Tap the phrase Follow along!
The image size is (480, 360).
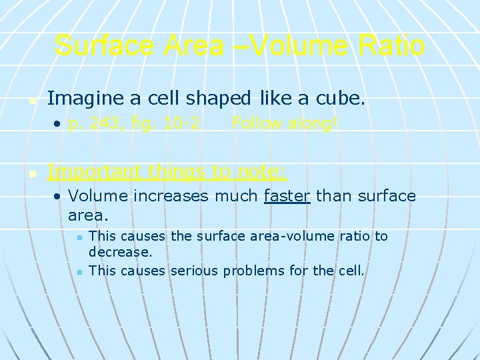coord(285,123)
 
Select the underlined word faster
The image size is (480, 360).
coord(287,196)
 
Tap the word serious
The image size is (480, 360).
coord(195,270)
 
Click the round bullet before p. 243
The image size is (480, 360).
coord(59,124)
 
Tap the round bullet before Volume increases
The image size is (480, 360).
coord(59,197)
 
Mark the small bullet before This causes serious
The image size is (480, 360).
coord(79,271)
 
